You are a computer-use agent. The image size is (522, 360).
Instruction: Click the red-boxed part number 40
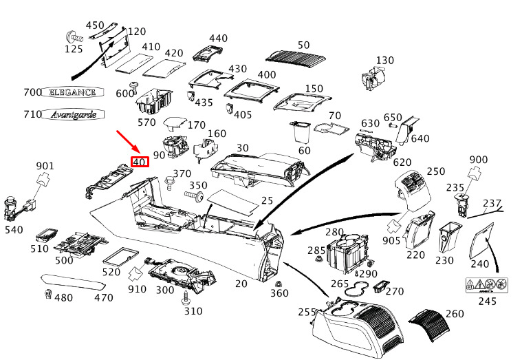pyautogui.click(x=140, y=162)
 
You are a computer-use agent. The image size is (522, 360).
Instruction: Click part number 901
pyautogui.click(x=45, y=166)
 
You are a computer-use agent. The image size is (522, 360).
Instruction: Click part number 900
pyautogui.click(x=479, y=160)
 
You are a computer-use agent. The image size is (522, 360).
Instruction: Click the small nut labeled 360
pyautogui.click(x=277, y=284)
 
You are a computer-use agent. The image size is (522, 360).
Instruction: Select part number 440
pyautogui.click(x=218, y=38)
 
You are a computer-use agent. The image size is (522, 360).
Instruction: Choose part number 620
pyautogui.click(x=402, y=162)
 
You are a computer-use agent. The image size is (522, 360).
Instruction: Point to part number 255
pyautogui.click(x=306, y=311)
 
